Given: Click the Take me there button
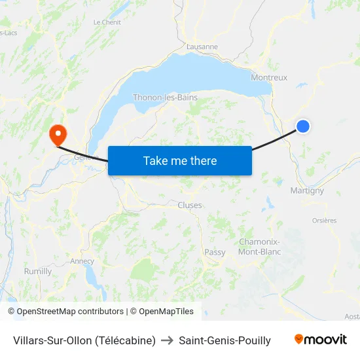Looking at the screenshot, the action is [179, 160].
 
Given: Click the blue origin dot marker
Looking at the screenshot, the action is [303, 126].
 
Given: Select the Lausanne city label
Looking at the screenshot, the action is [202, 46].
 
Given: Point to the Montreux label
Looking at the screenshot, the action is [269, 77].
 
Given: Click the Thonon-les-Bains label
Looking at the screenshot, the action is [165, 98].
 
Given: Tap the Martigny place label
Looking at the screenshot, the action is [307, 190].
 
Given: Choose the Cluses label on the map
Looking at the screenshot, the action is [190, 205].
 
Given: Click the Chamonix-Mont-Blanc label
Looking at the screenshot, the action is [260, 246].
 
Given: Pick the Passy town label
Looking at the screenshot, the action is [215, 252].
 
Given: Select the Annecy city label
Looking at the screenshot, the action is [82, 261].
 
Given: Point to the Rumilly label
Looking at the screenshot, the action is [37, 271].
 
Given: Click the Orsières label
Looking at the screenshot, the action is [325, 221].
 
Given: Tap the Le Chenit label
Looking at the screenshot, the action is [107, 22].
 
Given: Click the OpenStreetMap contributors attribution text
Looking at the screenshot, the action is [69, 312].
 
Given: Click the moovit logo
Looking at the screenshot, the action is [321, 340].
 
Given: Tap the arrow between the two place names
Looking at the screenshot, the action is [167, 340].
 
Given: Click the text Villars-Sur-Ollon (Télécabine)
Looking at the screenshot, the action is [84, 340].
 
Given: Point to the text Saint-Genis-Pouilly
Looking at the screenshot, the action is [225, 340].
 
